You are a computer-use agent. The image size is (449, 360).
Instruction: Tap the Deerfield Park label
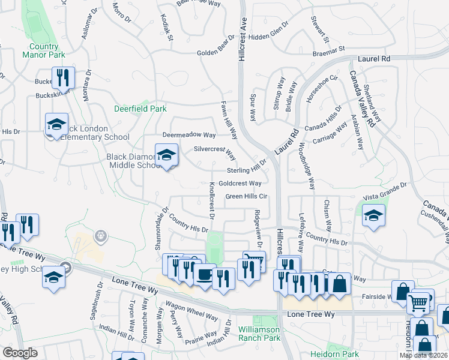coord(140,109)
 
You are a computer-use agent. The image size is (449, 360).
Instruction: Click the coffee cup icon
coord(204,275)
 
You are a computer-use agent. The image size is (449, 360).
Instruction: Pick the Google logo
coord(20,353)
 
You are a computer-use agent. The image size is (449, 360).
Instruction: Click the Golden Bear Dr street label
coord(218,53)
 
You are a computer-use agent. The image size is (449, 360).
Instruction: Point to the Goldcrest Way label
coord(240,184)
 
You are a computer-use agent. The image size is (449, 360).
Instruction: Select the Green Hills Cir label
coord(246,196)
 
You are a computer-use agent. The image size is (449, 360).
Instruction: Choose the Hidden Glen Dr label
coord(268,35)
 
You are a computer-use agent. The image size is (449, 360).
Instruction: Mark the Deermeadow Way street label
coord(189,135)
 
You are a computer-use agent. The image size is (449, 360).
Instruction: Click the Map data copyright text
coord(423,355)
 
